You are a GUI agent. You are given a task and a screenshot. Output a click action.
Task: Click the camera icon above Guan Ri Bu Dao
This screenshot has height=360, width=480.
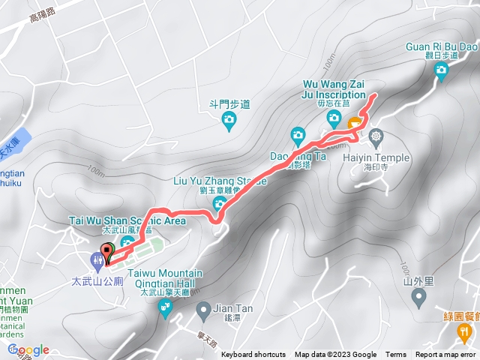click(441, 70)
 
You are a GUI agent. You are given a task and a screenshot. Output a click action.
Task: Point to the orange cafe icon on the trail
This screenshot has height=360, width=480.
click(353, 121)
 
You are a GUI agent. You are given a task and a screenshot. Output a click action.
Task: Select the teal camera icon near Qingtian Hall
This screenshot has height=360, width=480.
click(164, 307)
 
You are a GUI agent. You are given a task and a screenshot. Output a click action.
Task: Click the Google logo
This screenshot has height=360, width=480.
click(28, 349)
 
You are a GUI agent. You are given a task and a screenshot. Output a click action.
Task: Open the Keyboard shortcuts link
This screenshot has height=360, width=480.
click(253, 355)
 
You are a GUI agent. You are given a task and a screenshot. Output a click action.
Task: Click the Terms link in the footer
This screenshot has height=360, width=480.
click(395, 355)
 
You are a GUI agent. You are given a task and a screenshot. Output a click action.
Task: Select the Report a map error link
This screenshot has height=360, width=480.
click(446, 355)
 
